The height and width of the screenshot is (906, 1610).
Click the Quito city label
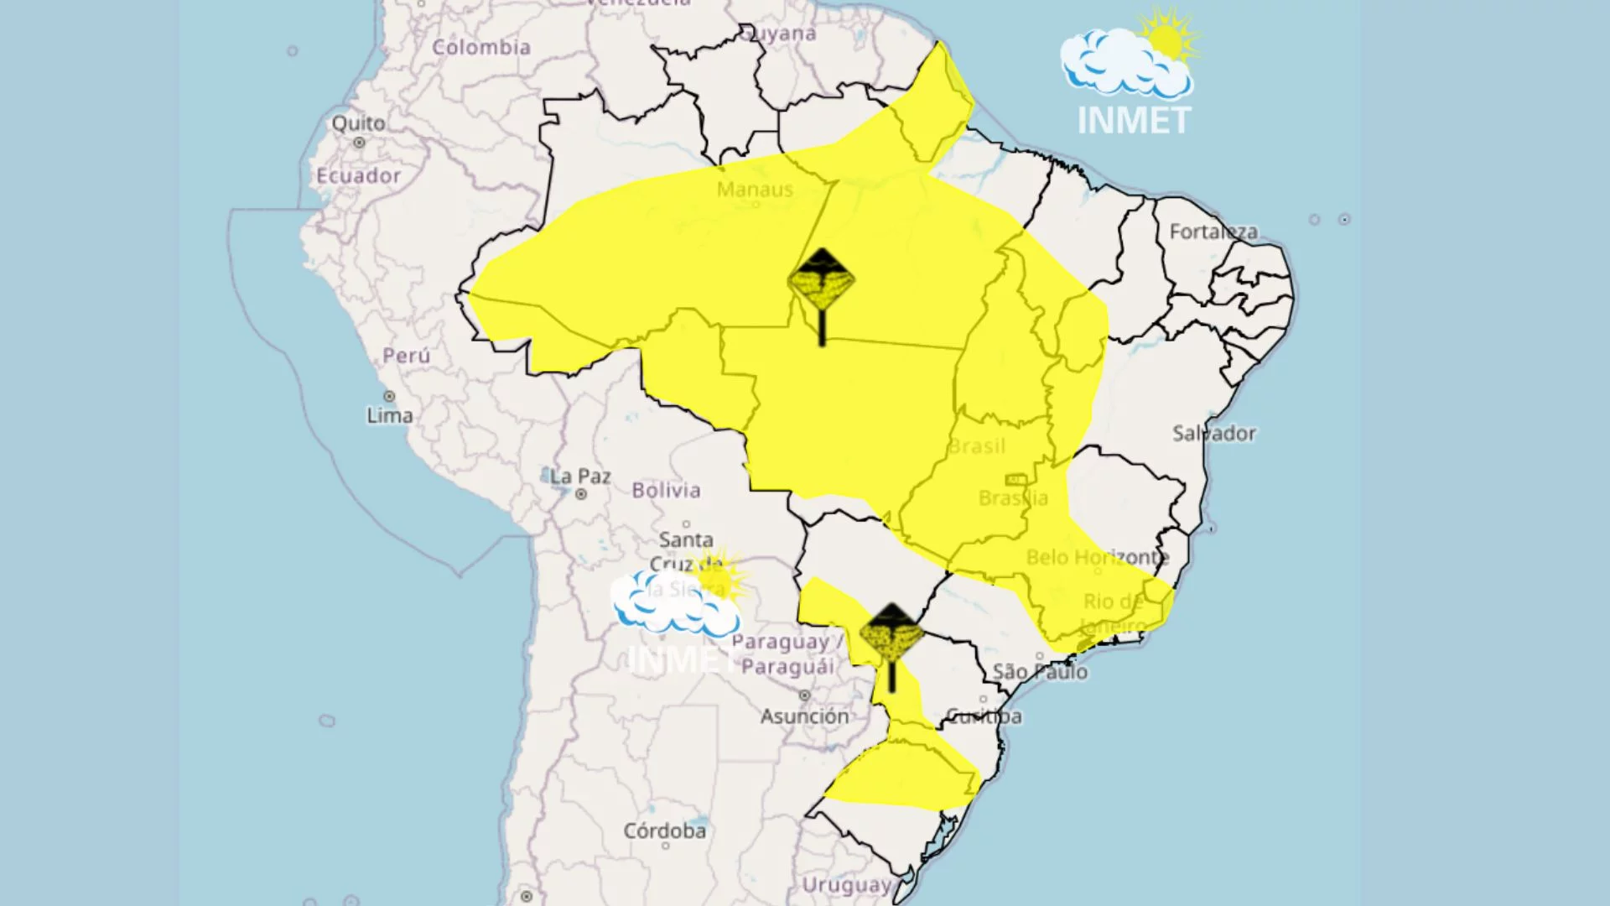coord(358,123)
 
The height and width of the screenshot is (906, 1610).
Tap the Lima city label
coord(390,415)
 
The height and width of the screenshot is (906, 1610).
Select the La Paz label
coord(580,476)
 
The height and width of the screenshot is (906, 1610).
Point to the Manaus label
coord(755,190)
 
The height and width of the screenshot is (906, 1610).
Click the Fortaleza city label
coord(1213,232)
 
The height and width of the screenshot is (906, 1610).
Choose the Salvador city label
coord(1213,434)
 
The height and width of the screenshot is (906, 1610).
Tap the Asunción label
coord(805,716)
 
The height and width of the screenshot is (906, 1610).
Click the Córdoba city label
coord(664,830)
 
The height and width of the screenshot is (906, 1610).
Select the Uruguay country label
coord(847,885)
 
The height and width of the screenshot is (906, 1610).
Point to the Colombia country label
coord(481,47)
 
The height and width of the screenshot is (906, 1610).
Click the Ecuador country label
coord(358,175)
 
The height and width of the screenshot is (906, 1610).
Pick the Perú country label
coord(406,356)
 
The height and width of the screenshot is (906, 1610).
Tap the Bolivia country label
coord(666,490)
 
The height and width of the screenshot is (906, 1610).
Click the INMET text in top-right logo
coord(1134,121)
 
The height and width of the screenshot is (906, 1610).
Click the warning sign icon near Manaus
coord(822,281)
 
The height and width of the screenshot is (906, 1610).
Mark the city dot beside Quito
coord(359,143)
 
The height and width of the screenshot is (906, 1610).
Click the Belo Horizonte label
coord(1097,557)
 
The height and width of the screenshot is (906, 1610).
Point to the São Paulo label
coord(1040,672)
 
